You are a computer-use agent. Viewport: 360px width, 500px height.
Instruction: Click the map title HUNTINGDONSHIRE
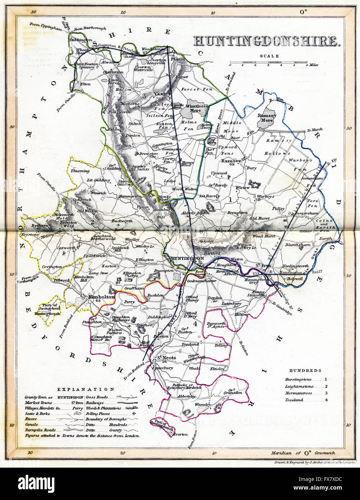(267, 41)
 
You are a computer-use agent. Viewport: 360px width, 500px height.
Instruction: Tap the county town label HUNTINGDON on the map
(186, 258)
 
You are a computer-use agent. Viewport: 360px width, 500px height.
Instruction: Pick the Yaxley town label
(162, 94)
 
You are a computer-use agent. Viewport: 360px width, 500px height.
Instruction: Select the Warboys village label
(266, 196)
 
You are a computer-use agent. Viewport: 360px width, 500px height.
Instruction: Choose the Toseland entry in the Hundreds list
(292, 400)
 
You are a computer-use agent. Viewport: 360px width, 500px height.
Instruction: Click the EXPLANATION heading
(86, 389)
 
